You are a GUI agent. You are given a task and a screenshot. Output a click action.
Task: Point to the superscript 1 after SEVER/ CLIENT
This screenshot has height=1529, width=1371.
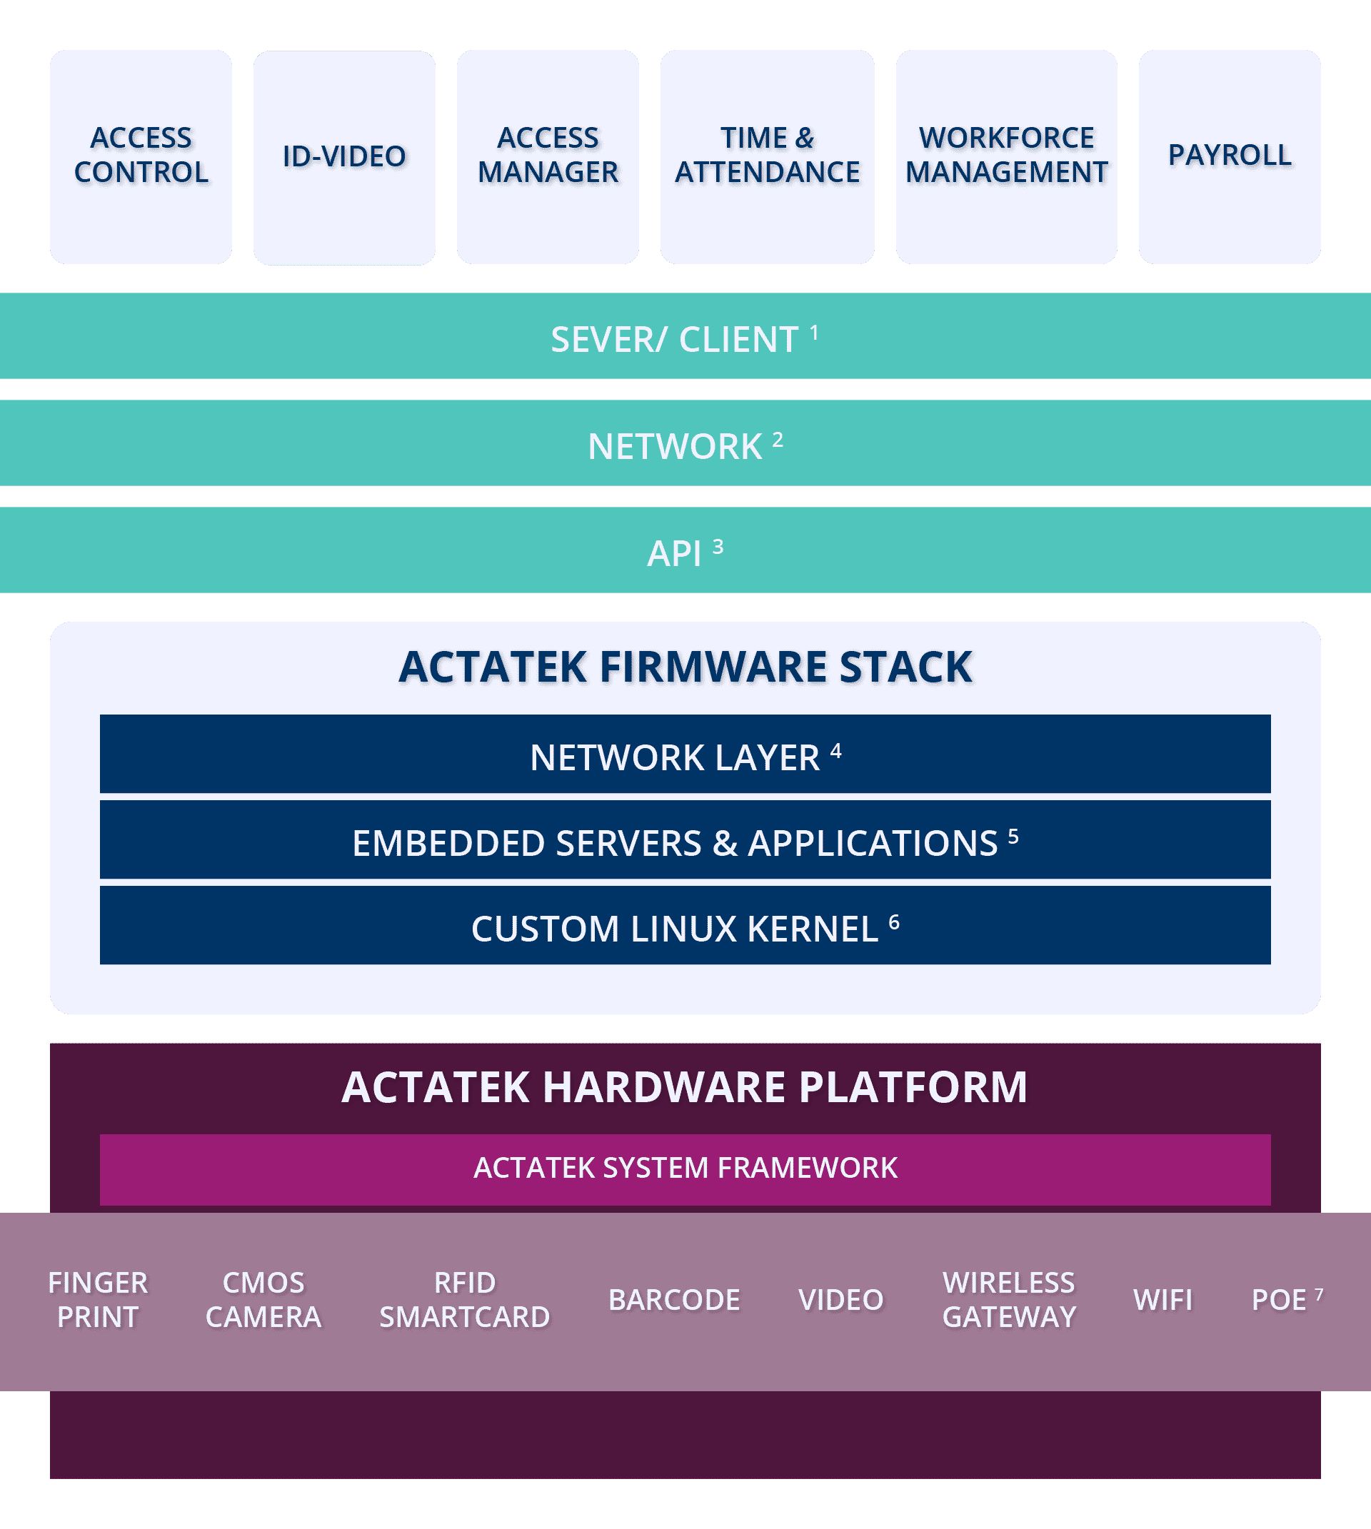tap(814, 331)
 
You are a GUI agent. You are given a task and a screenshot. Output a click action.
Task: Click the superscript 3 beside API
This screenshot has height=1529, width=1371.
tap(718, 546)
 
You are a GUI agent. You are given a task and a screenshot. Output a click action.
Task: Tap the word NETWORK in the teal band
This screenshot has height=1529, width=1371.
tap(675, 447)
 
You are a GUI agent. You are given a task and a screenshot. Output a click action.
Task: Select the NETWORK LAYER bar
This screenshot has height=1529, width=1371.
tap(685, 755)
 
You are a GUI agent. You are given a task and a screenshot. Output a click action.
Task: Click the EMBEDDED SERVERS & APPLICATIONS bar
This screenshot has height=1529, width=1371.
tap(685, 841)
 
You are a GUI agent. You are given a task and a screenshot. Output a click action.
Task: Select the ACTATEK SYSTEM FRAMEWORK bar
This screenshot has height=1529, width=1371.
tap(685, 1169)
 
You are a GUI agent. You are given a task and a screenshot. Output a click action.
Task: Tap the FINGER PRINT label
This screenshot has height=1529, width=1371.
tap(98, 1300)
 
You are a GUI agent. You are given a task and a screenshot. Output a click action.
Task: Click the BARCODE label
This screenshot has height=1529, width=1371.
tap(674, 1300)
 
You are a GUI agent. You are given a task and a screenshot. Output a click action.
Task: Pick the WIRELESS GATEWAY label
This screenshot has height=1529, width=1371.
tap(1009, 1300)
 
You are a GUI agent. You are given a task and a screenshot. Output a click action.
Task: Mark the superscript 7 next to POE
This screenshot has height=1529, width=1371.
tap(1319, 1294)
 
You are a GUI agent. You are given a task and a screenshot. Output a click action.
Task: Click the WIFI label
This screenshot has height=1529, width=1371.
tap(1163, 1300)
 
